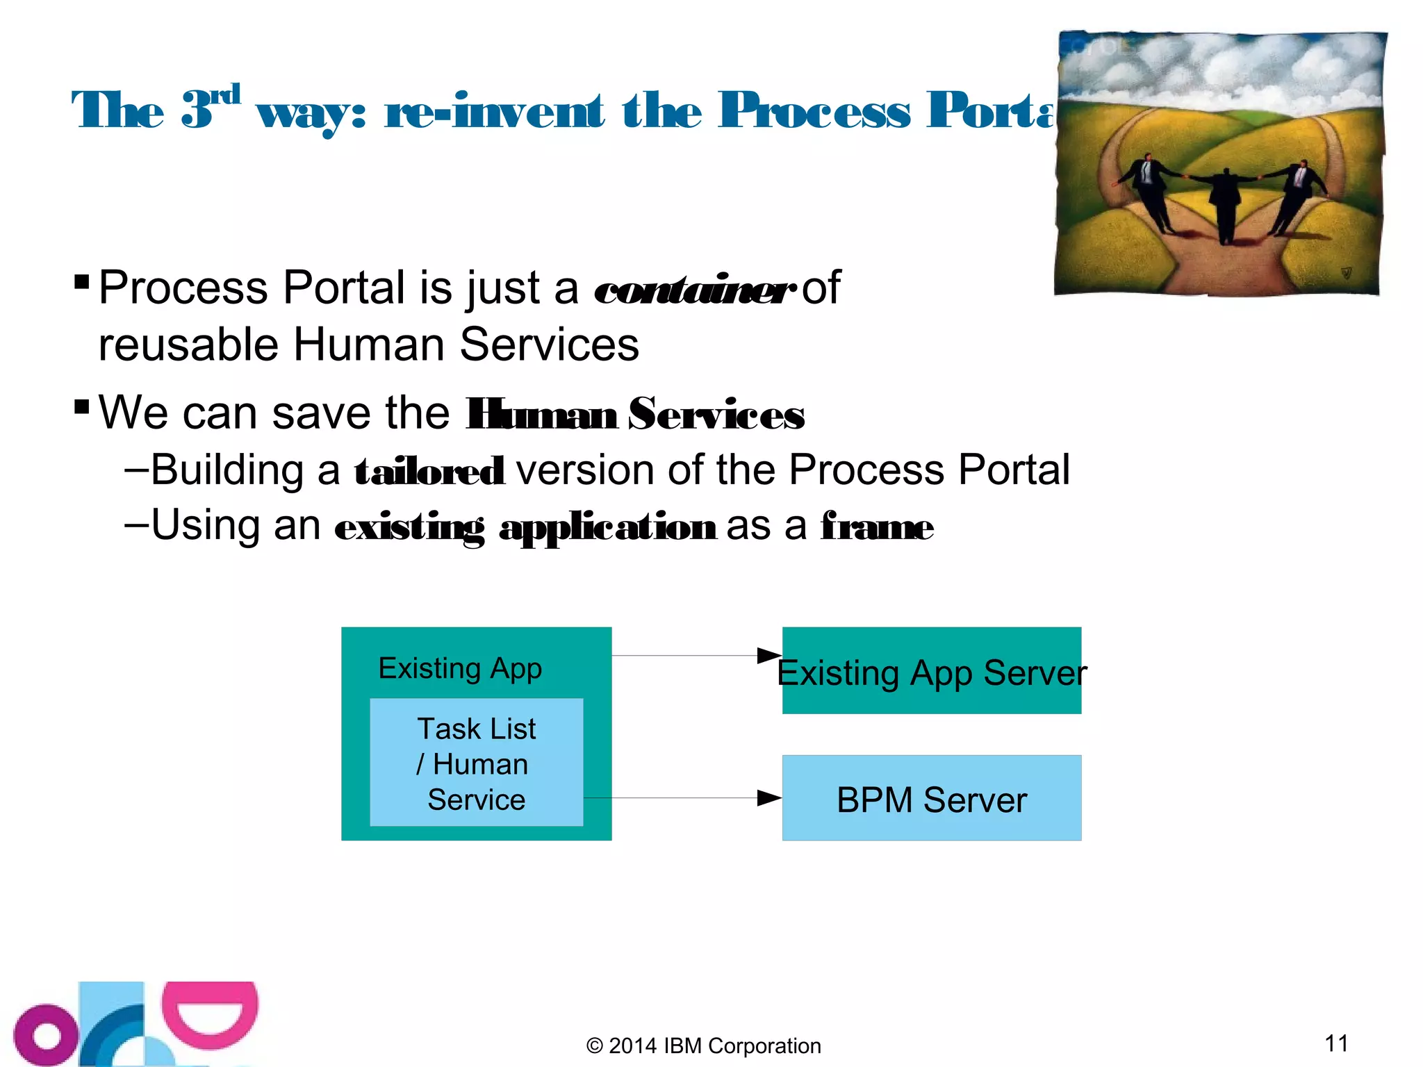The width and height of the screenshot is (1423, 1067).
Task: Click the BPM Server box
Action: (931, 798)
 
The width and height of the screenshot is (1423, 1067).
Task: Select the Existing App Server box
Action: (931, 671)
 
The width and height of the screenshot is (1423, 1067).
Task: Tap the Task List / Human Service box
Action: (476, 763)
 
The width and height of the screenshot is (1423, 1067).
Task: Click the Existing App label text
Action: (459, 668)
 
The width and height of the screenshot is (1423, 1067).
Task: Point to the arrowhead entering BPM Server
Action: (768, 797)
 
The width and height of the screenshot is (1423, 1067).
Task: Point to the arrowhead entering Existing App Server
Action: (768, 655)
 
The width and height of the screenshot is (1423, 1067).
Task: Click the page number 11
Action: (1336, 1043)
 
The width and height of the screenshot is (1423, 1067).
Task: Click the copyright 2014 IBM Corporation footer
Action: (703, 1045)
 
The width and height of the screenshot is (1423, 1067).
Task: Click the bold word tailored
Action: (429, 472)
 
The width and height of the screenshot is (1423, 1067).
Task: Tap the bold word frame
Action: (877, 527)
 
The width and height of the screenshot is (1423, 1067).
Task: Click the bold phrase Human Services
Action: (634, 415)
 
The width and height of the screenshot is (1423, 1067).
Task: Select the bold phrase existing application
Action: (525, 527)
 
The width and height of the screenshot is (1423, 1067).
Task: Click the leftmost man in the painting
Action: (1150, 191)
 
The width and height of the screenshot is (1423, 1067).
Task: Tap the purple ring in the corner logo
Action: (46, 1035)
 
